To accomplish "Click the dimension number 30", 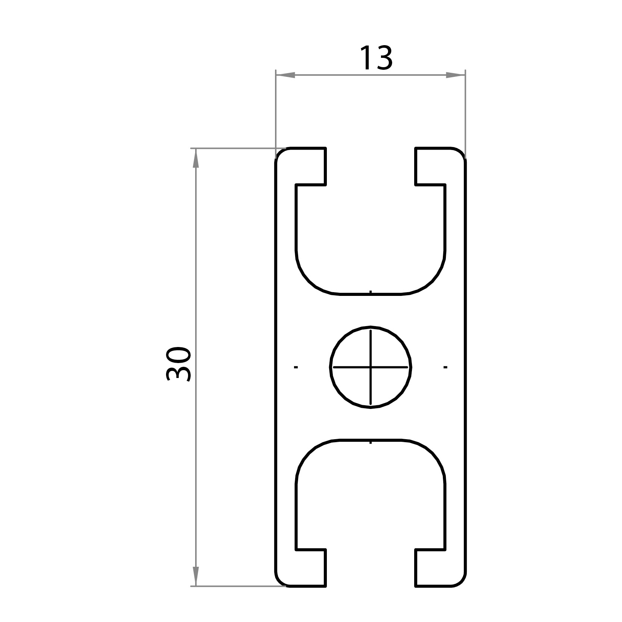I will pyautogui.click(x=178, y=365).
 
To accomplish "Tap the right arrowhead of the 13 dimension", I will pyautogui.click(x=456, y=75).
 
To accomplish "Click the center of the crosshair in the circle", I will pyautogui.click(x=371, y=367).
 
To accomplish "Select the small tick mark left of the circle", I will pyautogui.click(x=296, y=367).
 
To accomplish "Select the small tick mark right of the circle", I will pyautogui.click(x=445, y=367).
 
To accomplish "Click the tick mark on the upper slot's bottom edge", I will pyautogui.click(x=371, y=292).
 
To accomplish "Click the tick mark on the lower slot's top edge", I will pyautogui.click(x=371, y=442).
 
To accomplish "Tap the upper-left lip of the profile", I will pyautogui.click(x=306, y=166).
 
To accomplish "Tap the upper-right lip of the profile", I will pyautogui.click(x=435, y=166).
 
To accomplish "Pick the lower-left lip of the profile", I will pyautogui.click(x=306, y=568).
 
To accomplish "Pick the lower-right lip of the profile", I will pyautogui.click(x=435, y=568).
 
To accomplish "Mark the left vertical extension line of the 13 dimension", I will pyautogui.click(x=275, y=112).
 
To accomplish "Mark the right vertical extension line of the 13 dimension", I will pyautogui.click(x=465, y=112).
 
